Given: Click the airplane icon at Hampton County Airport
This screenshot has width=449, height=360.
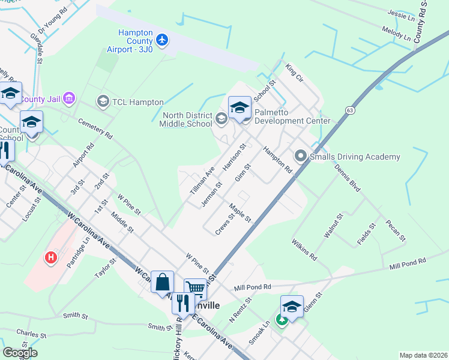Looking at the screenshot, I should (x=162, y=40).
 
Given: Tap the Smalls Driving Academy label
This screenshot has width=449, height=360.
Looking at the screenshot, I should (x=354, y=157).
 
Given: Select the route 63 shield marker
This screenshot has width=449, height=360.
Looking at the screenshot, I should (x=349, y=111).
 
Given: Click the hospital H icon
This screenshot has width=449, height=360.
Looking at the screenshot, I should (x=52, y=257).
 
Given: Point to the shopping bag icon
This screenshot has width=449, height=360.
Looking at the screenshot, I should (x=162, y=281).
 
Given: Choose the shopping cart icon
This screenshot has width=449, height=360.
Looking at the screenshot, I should (x=195, y=289).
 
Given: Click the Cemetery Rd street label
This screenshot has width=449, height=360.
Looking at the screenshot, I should (x=95, y=128).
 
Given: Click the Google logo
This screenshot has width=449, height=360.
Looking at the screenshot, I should (x=20, y=352).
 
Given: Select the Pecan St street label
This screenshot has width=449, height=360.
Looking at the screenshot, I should (x=396, y=231).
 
